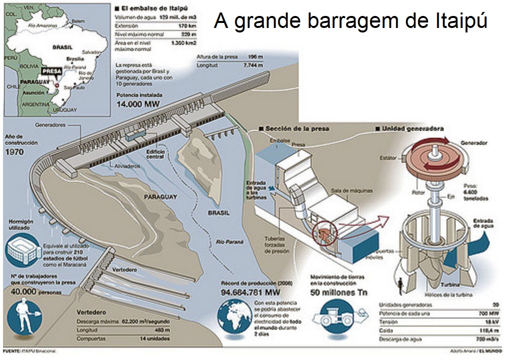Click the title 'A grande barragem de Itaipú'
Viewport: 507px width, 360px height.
click(x=350, y=21)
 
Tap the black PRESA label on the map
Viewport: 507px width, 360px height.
click(x=52, y=71)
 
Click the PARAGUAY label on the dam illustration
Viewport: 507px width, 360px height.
click(x=161, y=197)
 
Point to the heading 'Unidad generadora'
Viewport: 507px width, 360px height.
click(x=413, y=128)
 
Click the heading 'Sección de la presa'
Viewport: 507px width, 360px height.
click(x=297, y=128)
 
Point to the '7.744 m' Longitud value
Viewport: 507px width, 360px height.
click(x=253, y=65)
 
